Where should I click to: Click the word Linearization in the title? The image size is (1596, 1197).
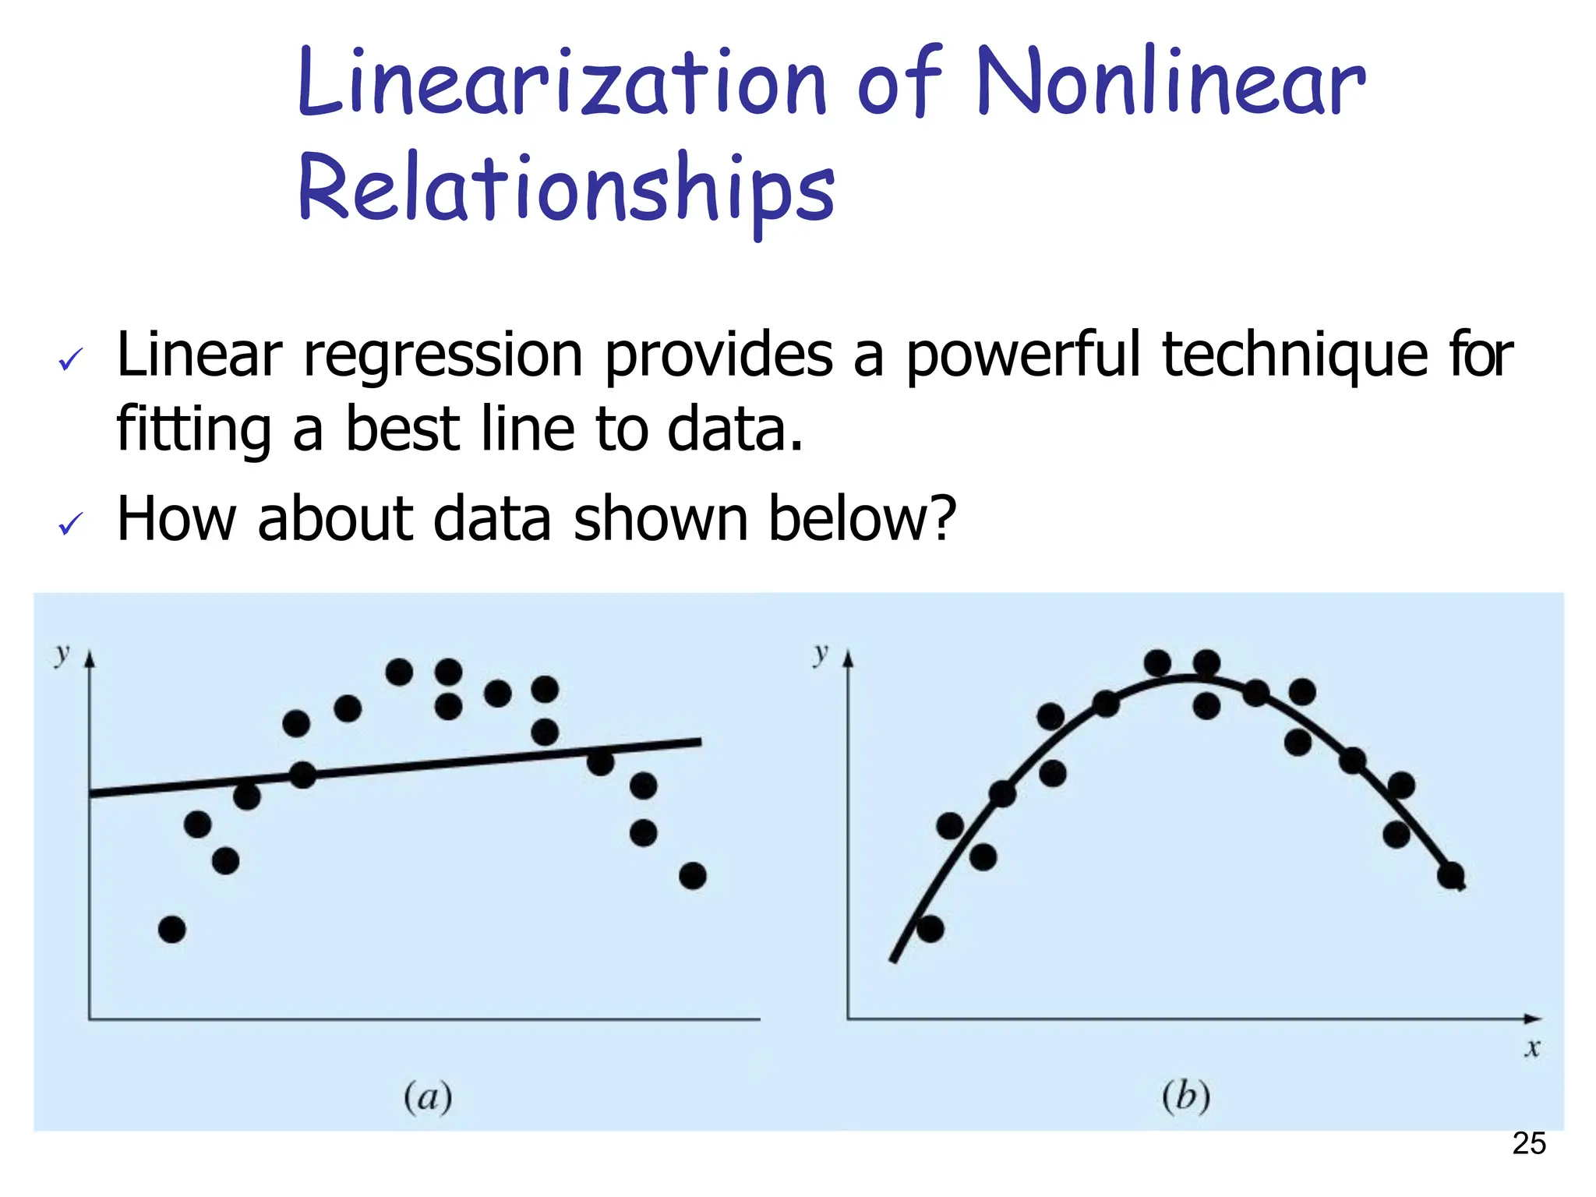tap(561, 82)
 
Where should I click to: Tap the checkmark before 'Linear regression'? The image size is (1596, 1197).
tap(70, 360)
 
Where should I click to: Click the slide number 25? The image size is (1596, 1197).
tap(1529, 1144)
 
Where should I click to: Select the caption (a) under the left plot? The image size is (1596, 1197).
tap(428, 1097)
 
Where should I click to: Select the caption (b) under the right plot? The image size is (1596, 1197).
tap(1186, 1097)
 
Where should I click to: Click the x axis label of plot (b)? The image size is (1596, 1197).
tap(1532, 1048)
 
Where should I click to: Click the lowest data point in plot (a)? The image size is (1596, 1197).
tap(171, 929)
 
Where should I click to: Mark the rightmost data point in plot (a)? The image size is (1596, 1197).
tap(693, 876)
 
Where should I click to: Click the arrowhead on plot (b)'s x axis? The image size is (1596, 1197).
tap(1533, 1019)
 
